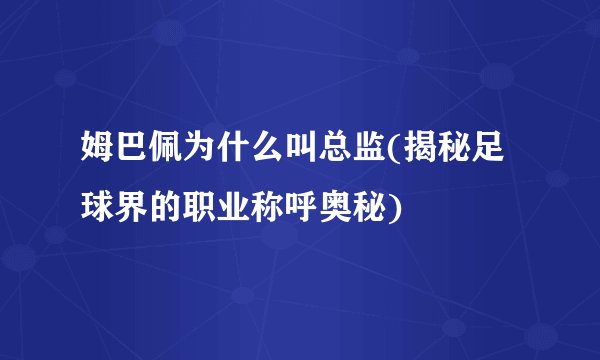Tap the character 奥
coord(336,208)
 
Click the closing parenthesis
coord(394,209)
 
